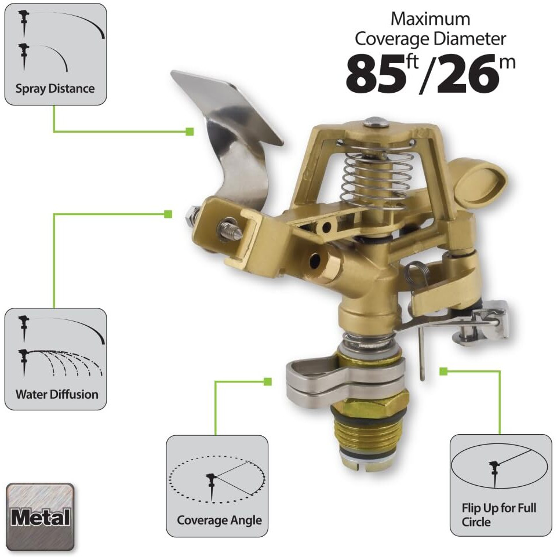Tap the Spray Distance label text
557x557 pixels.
click(x=55, y=89)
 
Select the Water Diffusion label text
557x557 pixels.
click(x=57, y=395)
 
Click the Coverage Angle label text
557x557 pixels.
click(x=219, y=520)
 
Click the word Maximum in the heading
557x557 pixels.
click(x=430, y=19)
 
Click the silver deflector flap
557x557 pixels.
click(x=232, y=128)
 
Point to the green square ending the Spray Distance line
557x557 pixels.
click(x=190, y=132)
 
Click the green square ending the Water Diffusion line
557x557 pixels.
click(x=168, y=214)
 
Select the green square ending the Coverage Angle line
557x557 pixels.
click(x=267, y=381)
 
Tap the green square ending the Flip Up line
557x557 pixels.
click(x=443, y=371)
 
